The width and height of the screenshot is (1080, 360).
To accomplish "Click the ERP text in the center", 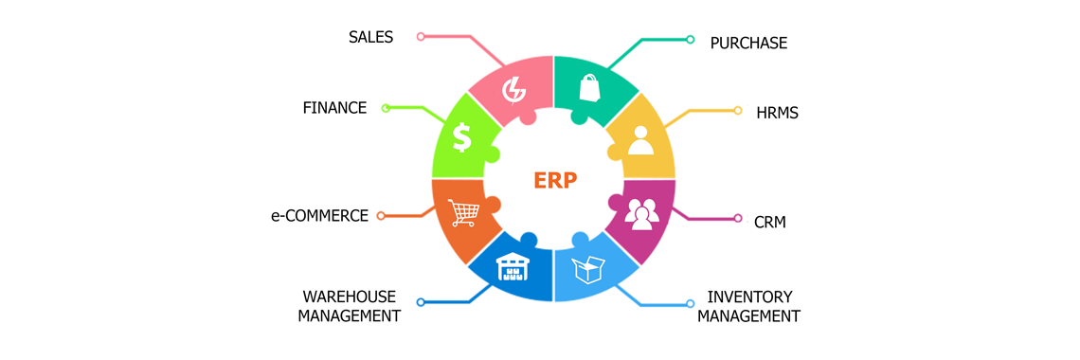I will point(554,181).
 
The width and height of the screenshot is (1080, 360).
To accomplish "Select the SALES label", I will point(370,37).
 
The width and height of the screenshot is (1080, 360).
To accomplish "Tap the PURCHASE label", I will point(748,44).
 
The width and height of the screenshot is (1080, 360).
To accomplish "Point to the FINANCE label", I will point(334,108).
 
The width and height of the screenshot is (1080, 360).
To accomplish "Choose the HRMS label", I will point(777,114).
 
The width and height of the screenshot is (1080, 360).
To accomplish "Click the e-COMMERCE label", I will point(319,216).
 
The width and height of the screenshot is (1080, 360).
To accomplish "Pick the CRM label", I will point(770,224).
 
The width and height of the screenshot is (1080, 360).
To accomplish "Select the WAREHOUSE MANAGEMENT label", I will point(349,306).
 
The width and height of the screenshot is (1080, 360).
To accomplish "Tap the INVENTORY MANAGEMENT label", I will point(748,306).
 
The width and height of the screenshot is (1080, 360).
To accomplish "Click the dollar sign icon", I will point(461,138).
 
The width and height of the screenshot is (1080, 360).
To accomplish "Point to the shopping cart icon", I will point(463,213).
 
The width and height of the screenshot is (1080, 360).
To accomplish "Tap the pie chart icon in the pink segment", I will point(513,88).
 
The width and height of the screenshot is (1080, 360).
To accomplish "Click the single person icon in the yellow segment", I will point(641,140).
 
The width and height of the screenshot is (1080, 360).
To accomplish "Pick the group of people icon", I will point(641,214).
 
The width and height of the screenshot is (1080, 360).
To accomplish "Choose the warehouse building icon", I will point(513,268).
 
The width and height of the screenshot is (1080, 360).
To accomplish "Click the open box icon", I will point(588,270).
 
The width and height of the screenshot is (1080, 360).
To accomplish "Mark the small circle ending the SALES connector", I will point(421,37).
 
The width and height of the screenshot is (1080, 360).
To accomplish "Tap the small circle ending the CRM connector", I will point(738,218).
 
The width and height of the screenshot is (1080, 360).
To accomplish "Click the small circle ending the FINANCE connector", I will point(386,108).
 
